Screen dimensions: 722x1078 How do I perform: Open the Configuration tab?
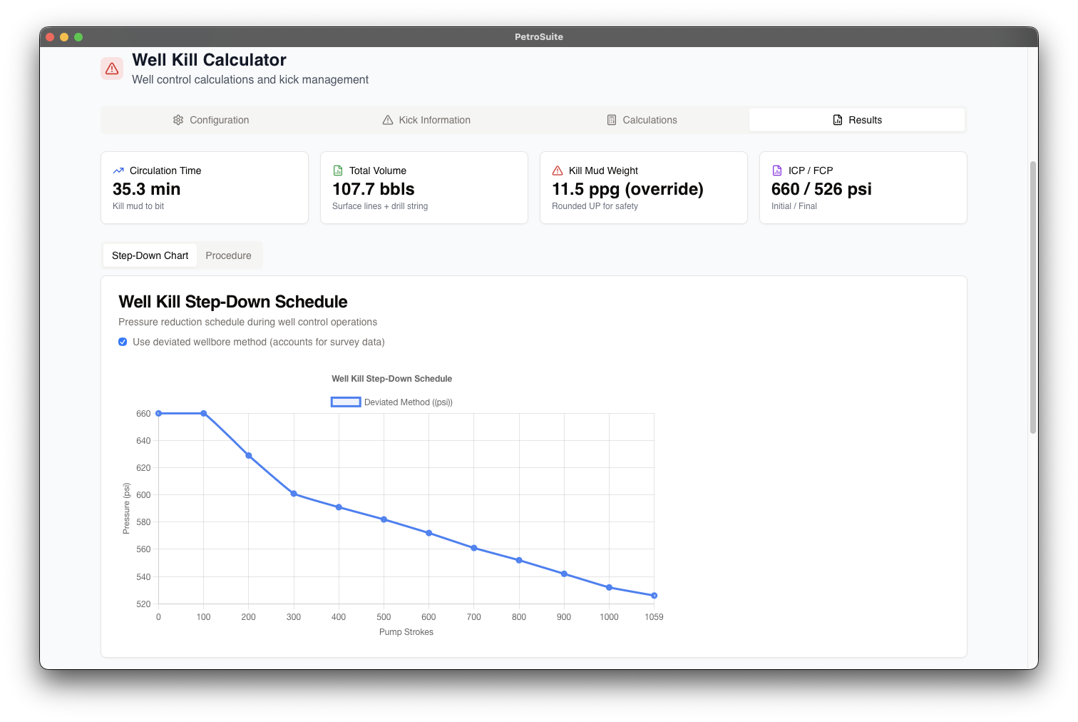[211, 120]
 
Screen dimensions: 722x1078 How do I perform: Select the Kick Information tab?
[426, 120]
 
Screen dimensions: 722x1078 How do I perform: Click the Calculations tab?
[642, 120]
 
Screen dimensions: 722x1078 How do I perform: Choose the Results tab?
[857, 120]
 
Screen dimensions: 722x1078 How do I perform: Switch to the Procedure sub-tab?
[228, 255]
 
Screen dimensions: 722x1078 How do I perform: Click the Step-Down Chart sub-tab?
[150, 255]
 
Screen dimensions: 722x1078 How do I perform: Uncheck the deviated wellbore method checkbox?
[123, 342]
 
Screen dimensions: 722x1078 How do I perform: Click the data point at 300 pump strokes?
[294, 494]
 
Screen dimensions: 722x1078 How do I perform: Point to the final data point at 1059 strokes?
[654, 595]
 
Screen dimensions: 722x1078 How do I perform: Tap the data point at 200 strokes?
[249, 455]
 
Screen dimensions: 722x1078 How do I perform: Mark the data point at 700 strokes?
[474, 548]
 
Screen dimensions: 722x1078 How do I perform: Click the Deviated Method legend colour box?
[346, 402]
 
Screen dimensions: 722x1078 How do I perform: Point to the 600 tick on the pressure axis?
[143, 495]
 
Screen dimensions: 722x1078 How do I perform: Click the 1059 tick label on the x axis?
[654, 617]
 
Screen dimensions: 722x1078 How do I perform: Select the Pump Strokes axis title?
[406, 632]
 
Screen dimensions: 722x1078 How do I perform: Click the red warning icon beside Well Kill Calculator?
[112, 68]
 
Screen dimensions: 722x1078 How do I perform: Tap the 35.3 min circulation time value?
[147, 189]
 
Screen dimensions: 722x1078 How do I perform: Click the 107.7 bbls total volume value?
[374, 189]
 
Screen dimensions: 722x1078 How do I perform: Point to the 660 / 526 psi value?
[821, 189]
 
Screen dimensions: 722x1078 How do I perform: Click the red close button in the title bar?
[50, 37]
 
